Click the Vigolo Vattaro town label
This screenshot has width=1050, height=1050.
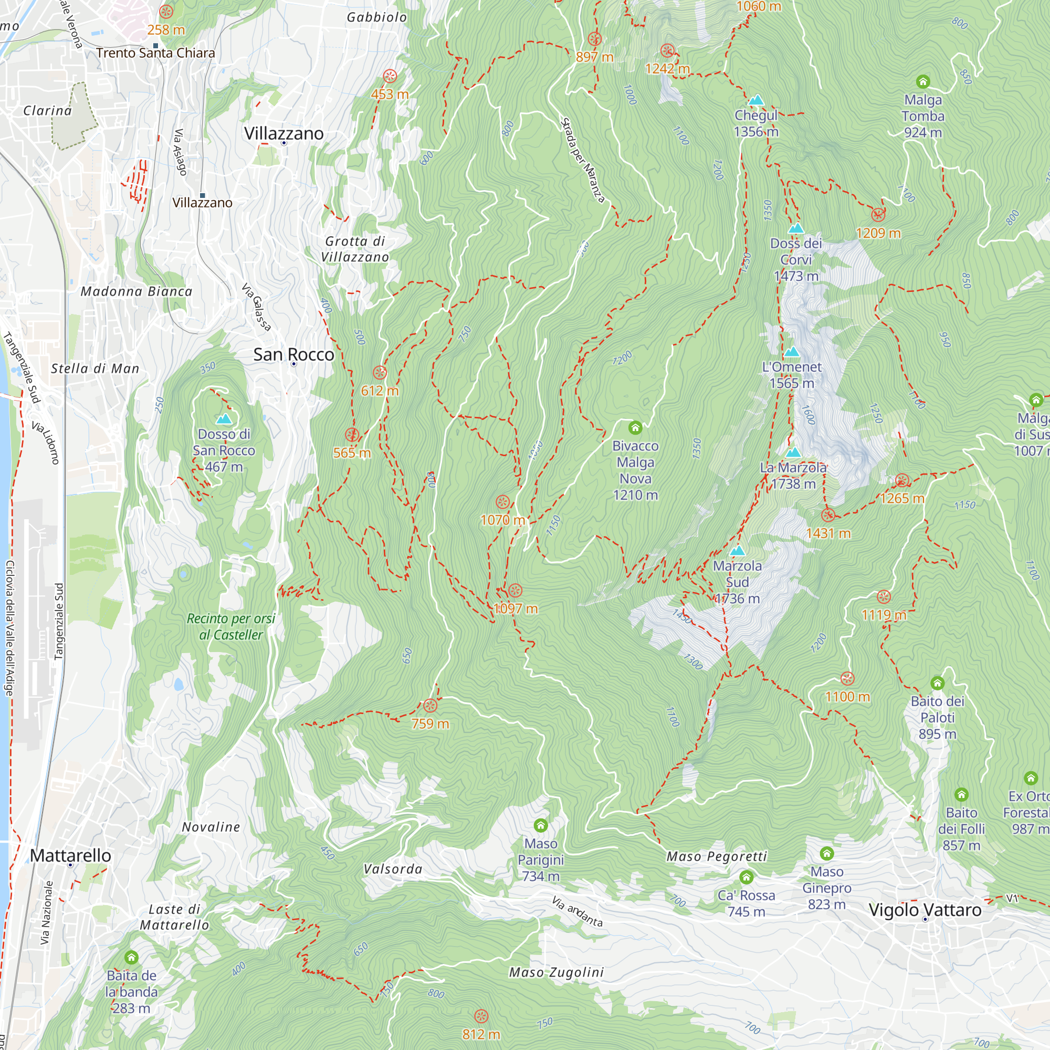click(x=925, y=910)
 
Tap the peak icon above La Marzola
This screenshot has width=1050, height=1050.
click(x=793, y=452)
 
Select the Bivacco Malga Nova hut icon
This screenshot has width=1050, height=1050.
click(x=635, y=428)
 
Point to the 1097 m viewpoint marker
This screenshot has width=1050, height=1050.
click(x=515, y=590)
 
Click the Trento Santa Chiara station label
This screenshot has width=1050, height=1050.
click(x=155, y=52)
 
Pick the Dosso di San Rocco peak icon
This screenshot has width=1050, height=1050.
click(x=224, y=418)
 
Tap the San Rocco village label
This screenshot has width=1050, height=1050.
click(x=293, y=354)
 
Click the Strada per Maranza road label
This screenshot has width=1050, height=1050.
click(x=582, y=160)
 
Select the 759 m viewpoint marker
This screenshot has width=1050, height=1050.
click(x=430, y=706)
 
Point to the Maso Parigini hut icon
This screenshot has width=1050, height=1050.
click(x=540, y=825)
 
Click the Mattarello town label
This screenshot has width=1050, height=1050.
click(x=70, y=855)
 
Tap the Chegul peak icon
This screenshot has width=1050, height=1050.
click(x=756, y=100)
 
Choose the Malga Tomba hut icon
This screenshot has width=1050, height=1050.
click(x=923, y=82)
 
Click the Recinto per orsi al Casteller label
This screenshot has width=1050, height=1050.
click(x=231, y=627)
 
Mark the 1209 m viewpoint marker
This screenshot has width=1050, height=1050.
click(x=878, y=215)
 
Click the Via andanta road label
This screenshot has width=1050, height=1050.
click(x=577, y=911)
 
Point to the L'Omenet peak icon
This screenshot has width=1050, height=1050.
click(x=791, y=352)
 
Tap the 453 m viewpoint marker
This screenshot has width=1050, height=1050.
click(x=390, y=76)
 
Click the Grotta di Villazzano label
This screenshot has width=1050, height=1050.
click(x=355, y=249)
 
